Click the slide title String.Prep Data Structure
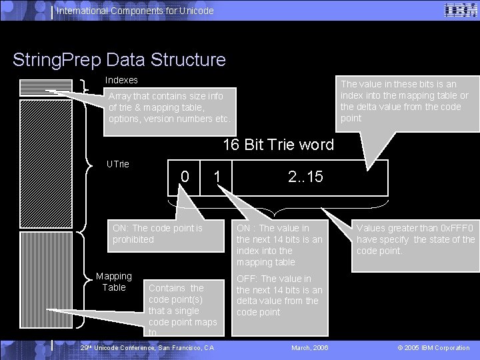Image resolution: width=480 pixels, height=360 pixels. click(119, 59)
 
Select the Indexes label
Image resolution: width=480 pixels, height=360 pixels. click(121, 80)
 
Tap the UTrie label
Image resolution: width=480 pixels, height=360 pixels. click(118, 163)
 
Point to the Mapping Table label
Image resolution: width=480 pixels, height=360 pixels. click(113, 281)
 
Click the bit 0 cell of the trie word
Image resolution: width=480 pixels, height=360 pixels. click(185, 177)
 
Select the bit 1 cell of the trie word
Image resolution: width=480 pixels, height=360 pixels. click(217, 177)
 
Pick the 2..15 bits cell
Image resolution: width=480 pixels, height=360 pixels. click(305, 177)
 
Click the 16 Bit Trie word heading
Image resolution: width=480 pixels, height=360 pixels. click(278, 145)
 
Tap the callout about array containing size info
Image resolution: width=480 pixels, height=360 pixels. click(170, 107)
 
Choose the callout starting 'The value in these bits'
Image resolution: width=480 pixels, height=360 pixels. click(404, 101)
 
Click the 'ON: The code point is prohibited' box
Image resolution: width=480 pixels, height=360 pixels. click(166, 234)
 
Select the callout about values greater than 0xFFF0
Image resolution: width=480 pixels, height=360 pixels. click(415, 239)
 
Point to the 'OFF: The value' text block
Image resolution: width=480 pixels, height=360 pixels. click(279, 295)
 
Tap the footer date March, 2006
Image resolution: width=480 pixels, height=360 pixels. click(310, 347)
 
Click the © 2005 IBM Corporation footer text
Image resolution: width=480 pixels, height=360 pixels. click(433, 347)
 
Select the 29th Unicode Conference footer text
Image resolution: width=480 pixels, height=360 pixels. click(147, 347)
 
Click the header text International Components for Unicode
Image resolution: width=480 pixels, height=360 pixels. click(135, 11)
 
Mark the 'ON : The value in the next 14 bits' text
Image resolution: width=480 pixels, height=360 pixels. click(279, 245)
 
